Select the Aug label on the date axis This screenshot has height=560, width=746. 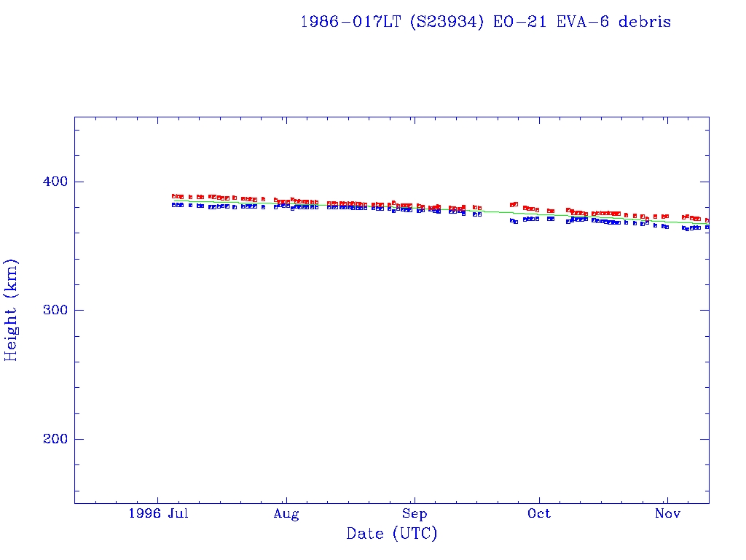(x=286, y=514)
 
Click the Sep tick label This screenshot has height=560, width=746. (x=414, y=514)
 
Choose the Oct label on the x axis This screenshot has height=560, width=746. (x=539, y=514)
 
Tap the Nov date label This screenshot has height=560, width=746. (x=667, y=514)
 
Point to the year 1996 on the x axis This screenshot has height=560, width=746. (x=144, y=514)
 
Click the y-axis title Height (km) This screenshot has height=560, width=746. (x=12, y=310)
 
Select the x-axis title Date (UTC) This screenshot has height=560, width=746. (x=392, y=534)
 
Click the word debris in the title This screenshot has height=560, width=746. (x=645, y=22)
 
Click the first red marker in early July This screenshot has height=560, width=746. (x=173, y=196)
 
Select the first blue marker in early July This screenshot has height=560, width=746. (x=173, y=205)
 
